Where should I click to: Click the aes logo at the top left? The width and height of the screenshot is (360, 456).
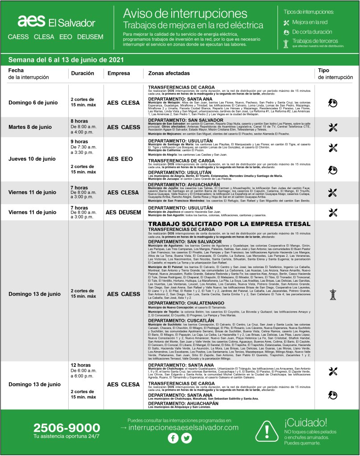(31, 21)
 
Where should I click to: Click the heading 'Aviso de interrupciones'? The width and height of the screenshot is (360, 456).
(185, 12)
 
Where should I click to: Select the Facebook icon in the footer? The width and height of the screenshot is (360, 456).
(173, 438)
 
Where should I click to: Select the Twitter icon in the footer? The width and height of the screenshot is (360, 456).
(186, 438)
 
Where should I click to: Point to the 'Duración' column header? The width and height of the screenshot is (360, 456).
(82, 73)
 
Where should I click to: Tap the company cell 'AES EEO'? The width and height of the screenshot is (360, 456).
(120, 159)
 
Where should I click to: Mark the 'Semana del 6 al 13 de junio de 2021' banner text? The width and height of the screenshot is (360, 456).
(66, 60)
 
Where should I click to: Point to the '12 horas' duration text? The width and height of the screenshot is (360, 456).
(81, 365)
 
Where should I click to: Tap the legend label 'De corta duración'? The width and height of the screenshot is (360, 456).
(312, 32)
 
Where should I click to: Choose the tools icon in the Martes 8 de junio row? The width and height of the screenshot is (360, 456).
(332, 127)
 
